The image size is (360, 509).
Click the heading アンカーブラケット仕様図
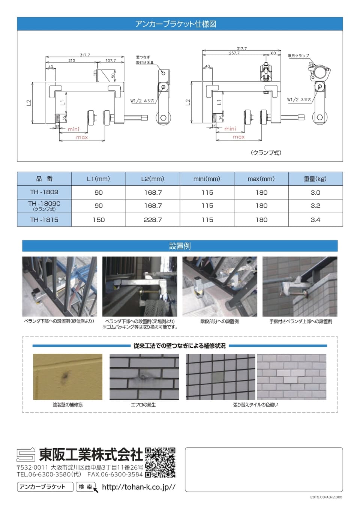[x=175, y=24]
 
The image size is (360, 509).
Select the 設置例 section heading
[x=180, y=246]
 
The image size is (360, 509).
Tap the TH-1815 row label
[x=44, y=220]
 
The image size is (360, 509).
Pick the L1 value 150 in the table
[x=99, y=220]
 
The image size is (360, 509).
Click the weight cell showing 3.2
[x=315, y=206]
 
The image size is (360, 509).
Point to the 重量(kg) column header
[x=315, y=179]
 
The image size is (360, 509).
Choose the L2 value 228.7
[x=153, y=220]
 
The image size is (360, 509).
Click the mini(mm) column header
[x=207, y=179]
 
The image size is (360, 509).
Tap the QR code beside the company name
[x=160, y=462]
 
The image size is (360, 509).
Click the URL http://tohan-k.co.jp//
[x=138, y=487]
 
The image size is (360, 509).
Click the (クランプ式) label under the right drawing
[x=266, y=153]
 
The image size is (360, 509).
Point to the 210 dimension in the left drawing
[x=71, y=60]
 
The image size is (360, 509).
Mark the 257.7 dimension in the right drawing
[x=234, y=53]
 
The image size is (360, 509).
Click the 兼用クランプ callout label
[x=298, y=56]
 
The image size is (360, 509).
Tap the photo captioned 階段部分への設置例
[x=220, y=287]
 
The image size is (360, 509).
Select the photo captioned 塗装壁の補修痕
[x=67, y=377]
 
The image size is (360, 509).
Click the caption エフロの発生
[x=143, y=405]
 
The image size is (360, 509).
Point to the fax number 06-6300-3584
[x=115, y=474]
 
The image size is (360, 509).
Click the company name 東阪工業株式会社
[x=91, y=455]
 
